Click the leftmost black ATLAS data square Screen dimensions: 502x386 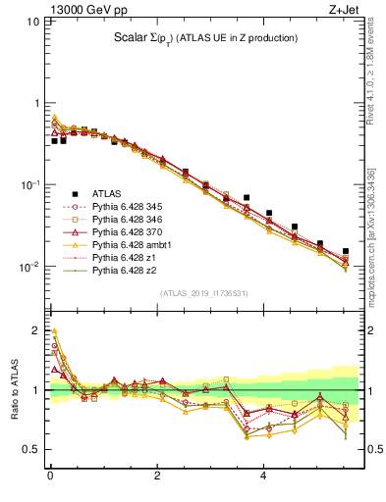(x=55, y=141)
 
